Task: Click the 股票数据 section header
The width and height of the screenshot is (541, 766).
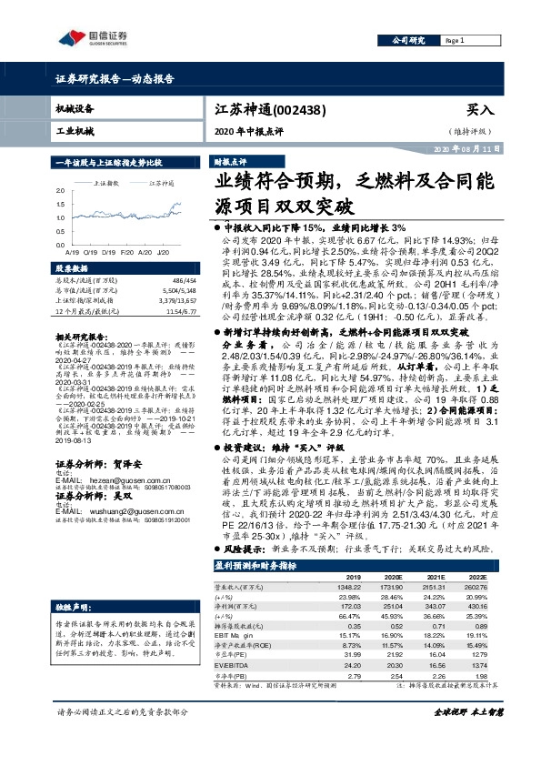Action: click(72, 269)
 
